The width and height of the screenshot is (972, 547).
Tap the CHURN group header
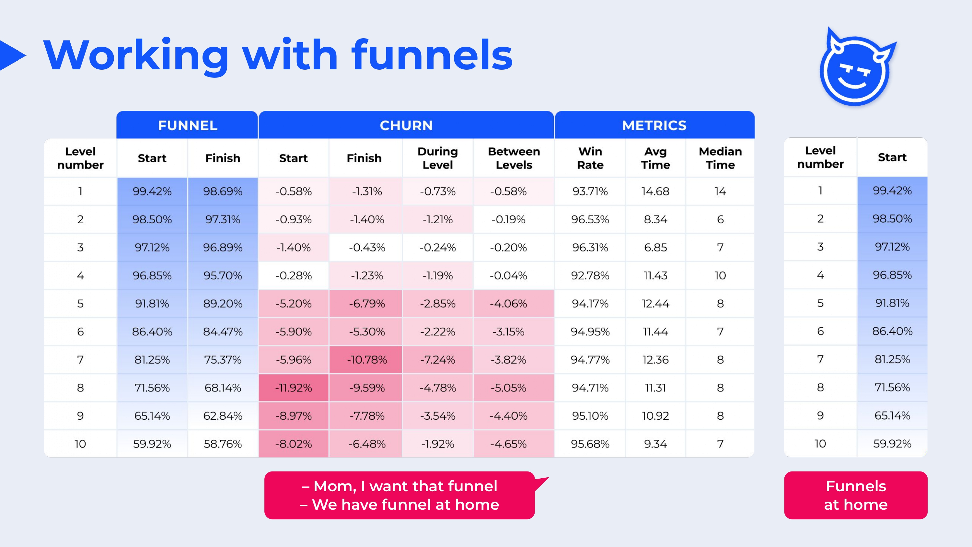[406, 125]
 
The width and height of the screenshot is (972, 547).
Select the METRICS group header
[654, 125]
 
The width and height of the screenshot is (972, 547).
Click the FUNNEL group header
[188, 125]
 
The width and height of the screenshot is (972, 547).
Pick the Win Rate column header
[590, 158]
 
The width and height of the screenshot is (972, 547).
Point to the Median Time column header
[720, 158]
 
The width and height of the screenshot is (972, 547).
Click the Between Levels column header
[514, 158]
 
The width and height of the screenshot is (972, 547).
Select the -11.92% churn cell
[294, 388]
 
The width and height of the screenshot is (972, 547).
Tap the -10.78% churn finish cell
[367, 360]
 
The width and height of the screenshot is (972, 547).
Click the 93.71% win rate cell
[590, 192]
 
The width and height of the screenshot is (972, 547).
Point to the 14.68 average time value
[655, 192]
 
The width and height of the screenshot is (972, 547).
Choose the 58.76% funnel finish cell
[223, 444]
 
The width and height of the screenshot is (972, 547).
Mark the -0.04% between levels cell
[508, 275]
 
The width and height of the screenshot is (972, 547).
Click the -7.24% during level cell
[438, 360]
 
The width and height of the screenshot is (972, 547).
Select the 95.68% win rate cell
[590, 444]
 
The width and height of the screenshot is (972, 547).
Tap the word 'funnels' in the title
[432, 55]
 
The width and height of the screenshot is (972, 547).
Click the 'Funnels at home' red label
[856, 495]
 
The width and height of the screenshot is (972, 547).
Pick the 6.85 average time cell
[655, 248]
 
